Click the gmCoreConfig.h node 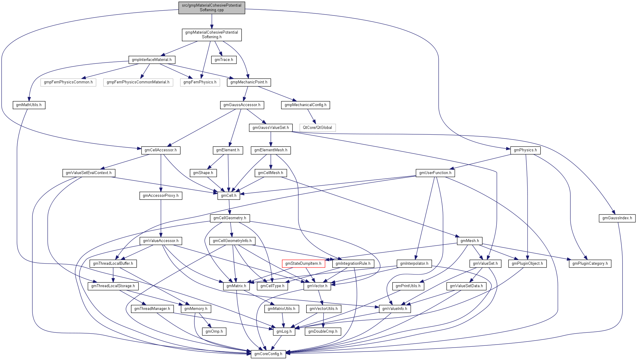(268, 354)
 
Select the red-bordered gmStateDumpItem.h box (303, 264)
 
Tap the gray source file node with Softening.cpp (212, 8)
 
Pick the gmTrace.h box (224, 60)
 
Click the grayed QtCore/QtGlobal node (317, 128)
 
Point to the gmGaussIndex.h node (617, 218)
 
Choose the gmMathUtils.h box (29, 105)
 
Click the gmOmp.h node (214, 331)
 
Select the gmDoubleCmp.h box (323, 331)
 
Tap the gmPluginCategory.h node (590, 264)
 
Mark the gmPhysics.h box (525, 150)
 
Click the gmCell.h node (229, 196)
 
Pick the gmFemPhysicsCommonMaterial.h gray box (138, 82)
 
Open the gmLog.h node (284, 331)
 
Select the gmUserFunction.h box (435, 173)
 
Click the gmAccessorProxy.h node (161, 196)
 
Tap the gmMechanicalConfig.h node (305, 105)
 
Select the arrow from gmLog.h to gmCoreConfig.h (276, 343)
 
